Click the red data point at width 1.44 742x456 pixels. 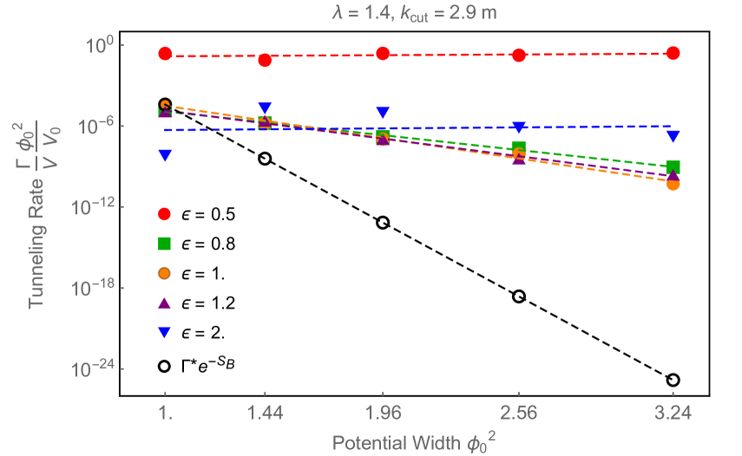(x=265, y=60)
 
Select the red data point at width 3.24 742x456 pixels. (x=673, y=53)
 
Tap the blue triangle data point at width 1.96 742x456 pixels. (x=383, y=113)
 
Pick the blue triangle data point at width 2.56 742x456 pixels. (x=519, y=127)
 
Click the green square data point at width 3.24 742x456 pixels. (x=673, y=167)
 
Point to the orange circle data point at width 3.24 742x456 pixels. (x=673, y=184)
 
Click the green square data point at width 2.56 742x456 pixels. (x=519, y=147)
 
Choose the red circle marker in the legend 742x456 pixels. (x=165, y=213)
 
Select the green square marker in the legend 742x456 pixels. (x=165, y=243)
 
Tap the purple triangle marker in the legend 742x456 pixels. (x=165, y=303)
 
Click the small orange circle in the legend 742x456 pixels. (x=165, y=273)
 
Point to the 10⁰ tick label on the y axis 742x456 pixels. (x=104, y=45)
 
